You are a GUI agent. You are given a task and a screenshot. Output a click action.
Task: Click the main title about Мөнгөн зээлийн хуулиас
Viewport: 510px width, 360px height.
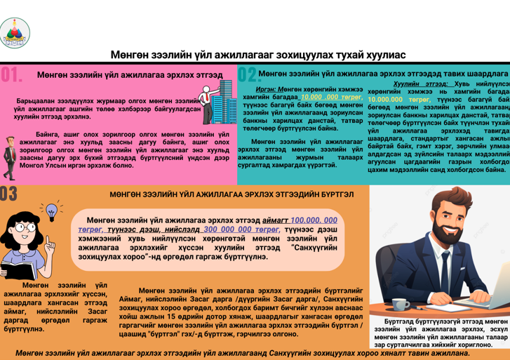(258, 55)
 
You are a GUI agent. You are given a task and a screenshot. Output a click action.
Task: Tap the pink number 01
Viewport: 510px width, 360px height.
(12, 74)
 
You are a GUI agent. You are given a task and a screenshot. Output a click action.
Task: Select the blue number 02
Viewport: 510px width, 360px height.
(247, 74)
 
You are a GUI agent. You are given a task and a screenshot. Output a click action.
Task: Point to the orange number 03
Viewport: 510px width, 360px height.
(8, 193)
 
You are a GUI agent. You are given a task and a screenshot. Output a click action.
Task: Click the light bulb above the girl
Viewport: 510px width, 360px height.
(51, 210)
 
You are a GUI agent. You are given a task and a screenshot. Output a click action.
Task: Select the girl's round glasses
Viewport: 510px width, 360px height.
(25, 227)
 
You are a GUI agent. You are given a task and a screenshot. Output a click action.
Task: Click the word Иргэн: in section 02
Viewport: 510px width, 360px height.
(266, 90)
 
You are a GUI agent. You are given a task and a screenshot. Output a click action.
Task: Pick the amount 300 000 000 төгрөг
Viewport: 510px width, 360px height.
(241, 229)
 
